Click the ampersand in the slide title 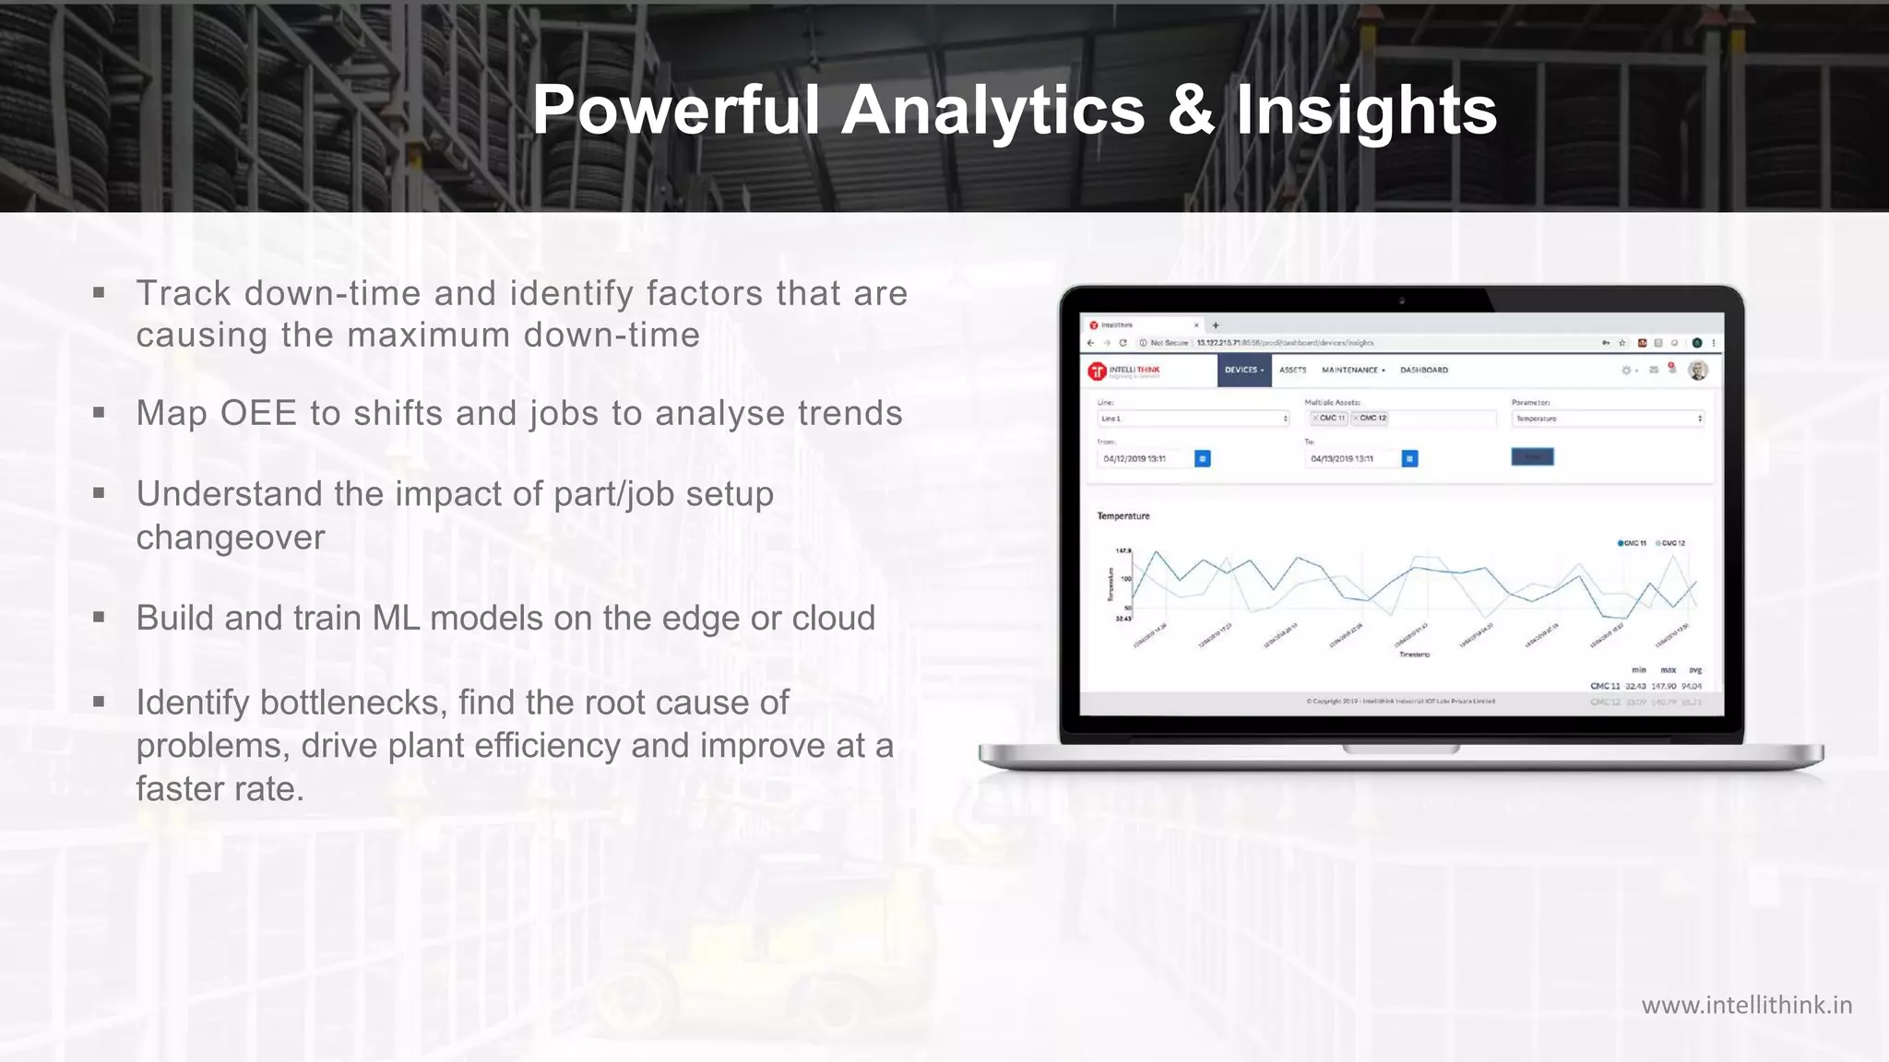coord(1190,111)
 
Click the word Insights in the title coord(1366,111)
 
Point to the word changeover coord(231,537)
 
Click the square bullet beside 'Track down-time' coord(99,294)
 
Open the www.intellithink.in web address coord(1746,1005)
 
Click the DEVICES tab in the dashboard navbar coord(1243,371)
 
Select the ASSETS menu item coord(1293,371)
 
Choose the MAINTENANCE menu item coord(1352,371)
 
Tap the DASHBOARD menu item coord(1424,371)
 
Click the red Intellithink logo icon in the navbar coord(1097,371)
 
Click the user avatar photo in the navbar coord(1698,371)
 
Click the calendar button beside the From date coord(1203,459)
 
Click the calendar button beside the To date coord(1409,459)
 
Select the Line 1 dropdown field coord(1194,419)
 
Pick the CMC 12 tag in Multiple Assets coord(1371,419)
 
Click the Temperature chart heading coord(1123,516)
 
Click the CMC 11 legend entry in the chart coord(1633,543)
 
